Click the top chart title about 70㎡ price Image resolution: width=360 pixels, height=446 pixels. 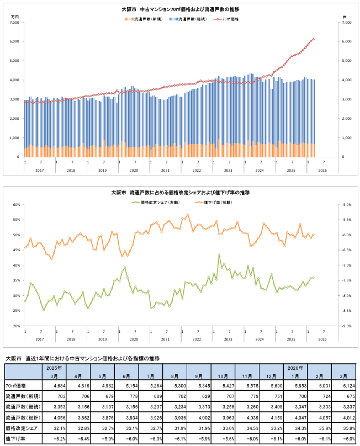point(181,10)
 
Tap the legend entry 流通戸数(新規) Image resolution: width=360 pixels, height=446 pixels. point(146,19)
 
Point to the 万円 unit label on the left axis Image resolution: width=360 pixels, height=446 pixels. point(15,18)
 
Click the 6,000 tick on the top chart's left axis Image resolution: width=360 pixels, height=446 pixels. point(15,41)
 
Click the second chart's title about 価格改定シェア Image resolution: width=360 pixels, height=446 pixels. point(181,193)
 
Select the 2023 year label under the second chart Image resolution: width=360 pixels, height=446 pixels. point(229,339)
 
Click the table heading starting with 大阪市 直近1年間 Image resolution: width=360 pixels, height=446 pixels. point(83,358)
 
